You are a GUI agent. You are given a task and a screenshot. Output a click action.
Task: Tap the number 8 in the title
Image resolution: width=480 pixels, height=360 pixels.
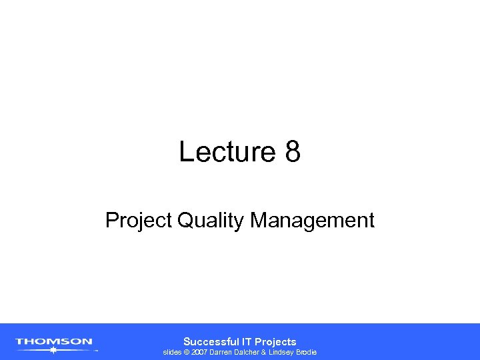(293, 153)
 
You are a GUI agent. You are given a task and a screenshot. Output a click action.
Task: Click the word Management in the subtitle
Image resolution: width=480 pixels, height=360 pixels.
(313, 221)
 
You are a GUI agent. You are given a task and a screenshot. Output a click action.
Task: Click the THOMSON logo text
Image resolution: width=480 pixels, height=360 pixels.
(54, 342)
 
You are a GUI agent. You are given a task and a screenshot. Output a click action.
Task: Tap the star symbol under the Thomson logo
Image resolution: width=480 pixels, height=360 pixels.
(53, 349)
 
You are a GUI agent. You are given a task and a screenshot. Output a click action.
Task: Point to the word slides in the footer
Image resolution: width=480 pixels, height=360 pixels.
(173, 352)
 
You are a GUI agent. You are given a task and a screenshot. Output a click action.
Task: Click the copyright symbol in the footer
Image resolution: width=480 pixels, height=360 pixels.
(187, 352)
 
